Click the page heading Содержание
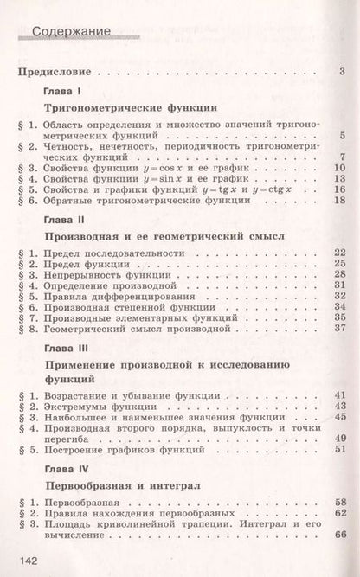coord(70,35)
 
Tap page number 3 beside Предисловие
coord(343,71)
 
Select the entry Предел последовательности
coord(112,252)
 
